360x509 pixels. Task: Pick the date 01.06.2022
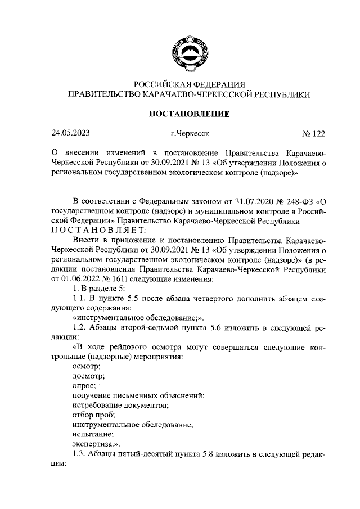tap(82, 278)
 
